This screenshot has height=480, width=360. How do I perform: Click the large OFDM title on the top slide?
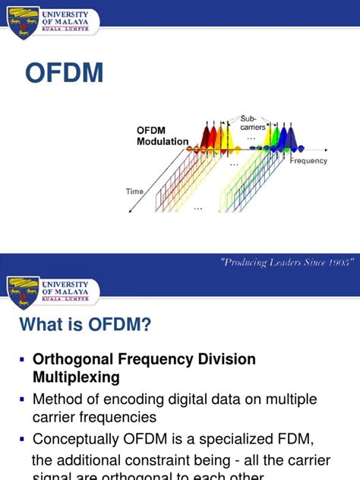[x=64, y=73]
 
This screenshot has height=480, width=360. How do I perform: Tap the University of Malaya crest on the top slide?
[x=23, y=22]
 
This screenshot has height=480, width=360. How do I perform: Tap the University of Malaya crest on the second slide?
[x=23, y=292]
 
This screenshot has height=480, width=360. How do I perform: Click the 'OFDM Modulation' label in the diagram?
[x=163, y=136]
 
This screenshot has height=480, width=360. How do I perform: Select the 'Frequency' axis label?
[x=308, y=161]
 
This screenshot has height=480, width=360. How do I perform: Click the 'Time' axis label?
[x=134, y=192]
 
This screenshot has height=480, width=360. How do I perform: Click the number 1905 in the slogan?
[x=339, y=262]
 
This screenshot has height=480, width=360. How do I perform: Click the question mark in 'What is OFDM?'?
[x=146, y=325]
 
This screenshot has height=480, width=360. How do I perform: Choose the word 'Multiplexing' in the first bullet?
[x=75, y=377]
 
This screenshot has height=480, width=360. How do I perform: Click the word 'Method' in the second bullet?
[x=56, y=399]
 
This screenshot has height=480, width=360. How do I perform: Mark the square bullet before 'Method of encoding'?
[x=22, y=399]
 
